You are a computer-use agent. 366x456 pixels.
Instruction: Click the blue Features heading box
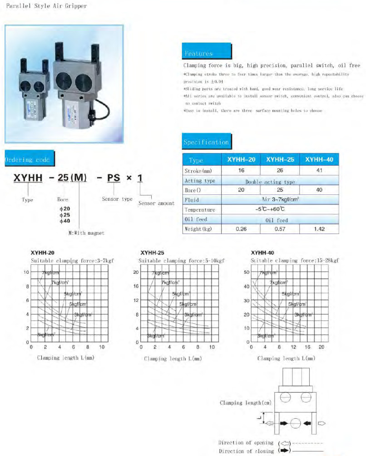point(198,53)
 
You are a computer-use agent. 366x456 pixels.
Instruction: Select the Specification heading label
point(206,142)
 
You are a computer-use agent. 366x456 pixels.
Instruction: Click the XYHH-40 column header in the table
point(319,160)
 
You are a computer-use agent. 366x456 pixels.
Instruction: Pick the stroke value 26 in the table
point(279,171)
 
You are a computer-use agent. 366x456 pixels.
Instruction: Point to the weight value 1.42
point(319,229)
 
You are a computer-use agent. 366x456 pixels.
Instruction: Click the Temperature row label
point(200,210)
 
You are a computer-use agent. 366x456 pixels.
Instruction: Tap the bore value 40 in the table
point(319,190)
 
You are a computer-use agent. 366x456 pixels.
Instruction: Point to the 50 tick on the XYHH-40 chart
point(247,272)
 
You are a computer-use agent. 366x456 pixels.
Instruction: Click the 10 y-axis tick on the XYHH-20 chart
point(26,272)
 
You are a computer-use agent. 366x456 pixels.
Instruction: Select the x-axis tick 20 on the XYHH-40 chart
point(321,347)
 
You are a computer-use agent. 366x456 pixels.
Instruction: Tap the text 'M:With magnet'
point(83,233)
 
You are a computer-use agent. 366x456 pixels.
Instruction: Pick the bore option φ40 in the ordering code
point(64,221)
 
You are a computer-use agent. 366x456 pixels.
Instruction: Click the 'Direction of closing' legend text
point(246,451)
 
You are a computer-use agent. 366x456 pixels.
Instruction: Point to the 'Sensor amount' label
point(156,204)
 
